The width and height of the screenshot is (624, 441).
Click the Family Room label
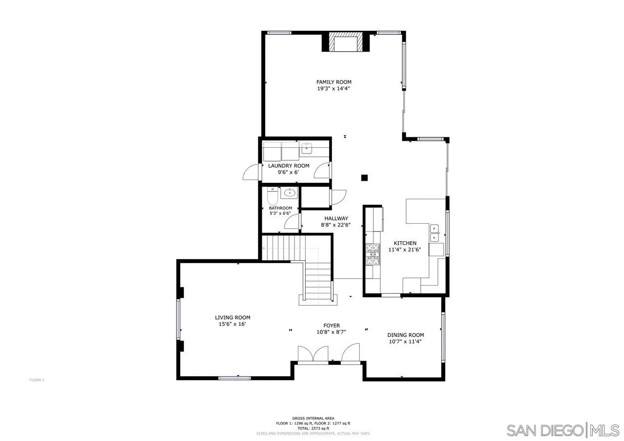click(333, 82)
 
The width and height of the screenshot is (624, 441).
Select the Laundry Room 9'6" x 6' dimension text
click(289, 172)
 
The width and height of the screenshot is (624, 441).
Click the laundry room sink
click(307, 148)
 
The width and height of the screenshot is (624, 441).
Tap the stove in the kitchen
click(373, 254)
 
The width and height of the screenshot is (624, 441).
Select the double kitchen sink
click(434, 233)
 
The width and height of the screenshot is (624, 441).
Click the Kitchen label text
click(405, 243)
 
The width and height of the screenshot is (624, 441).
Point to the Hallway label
click(336, 218)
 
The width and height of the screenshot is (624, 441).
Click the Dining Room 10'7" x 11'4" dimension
click(405, 342)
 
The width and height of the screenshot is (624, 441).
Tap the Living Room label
click(233, 317)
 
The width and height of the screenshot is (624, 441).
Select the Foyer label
click(331, 326)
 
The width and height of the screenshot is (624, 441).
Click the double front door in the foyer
click(313, 355)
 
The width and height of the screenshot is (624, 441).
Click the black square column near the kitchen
click(364, 178)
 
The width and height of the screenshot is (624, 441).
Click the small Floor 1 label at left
click(37, 380)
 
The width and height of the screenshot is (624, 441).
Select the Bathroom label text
click(280, 208)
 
